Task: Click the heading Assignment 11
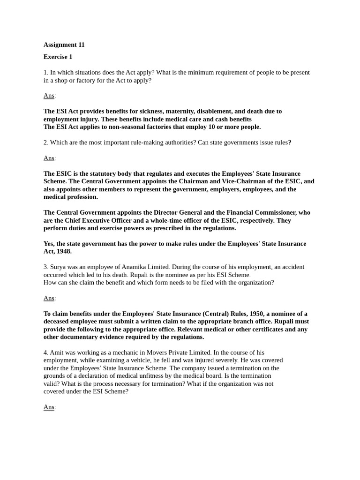[64, 45]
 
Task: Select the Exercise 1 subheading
[58, 57]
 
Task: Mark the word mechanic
[125, 352]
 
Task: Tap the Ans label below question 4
[49, 407]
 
